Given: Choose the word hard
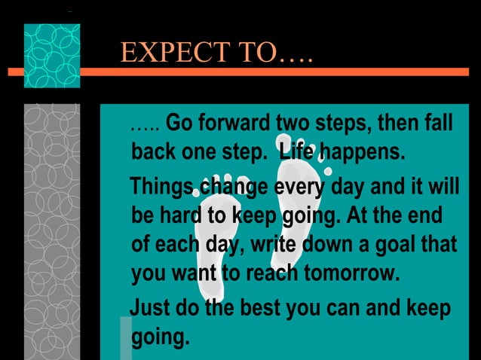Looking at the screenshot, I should (x=179, y=216).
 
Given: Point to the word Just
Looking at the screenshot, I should (x=149, y=309).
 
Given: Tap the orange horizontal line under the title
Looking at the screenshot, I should (x=302, y=72).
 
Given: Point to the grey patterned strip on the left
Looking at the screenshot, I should (x=51, y=226).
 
